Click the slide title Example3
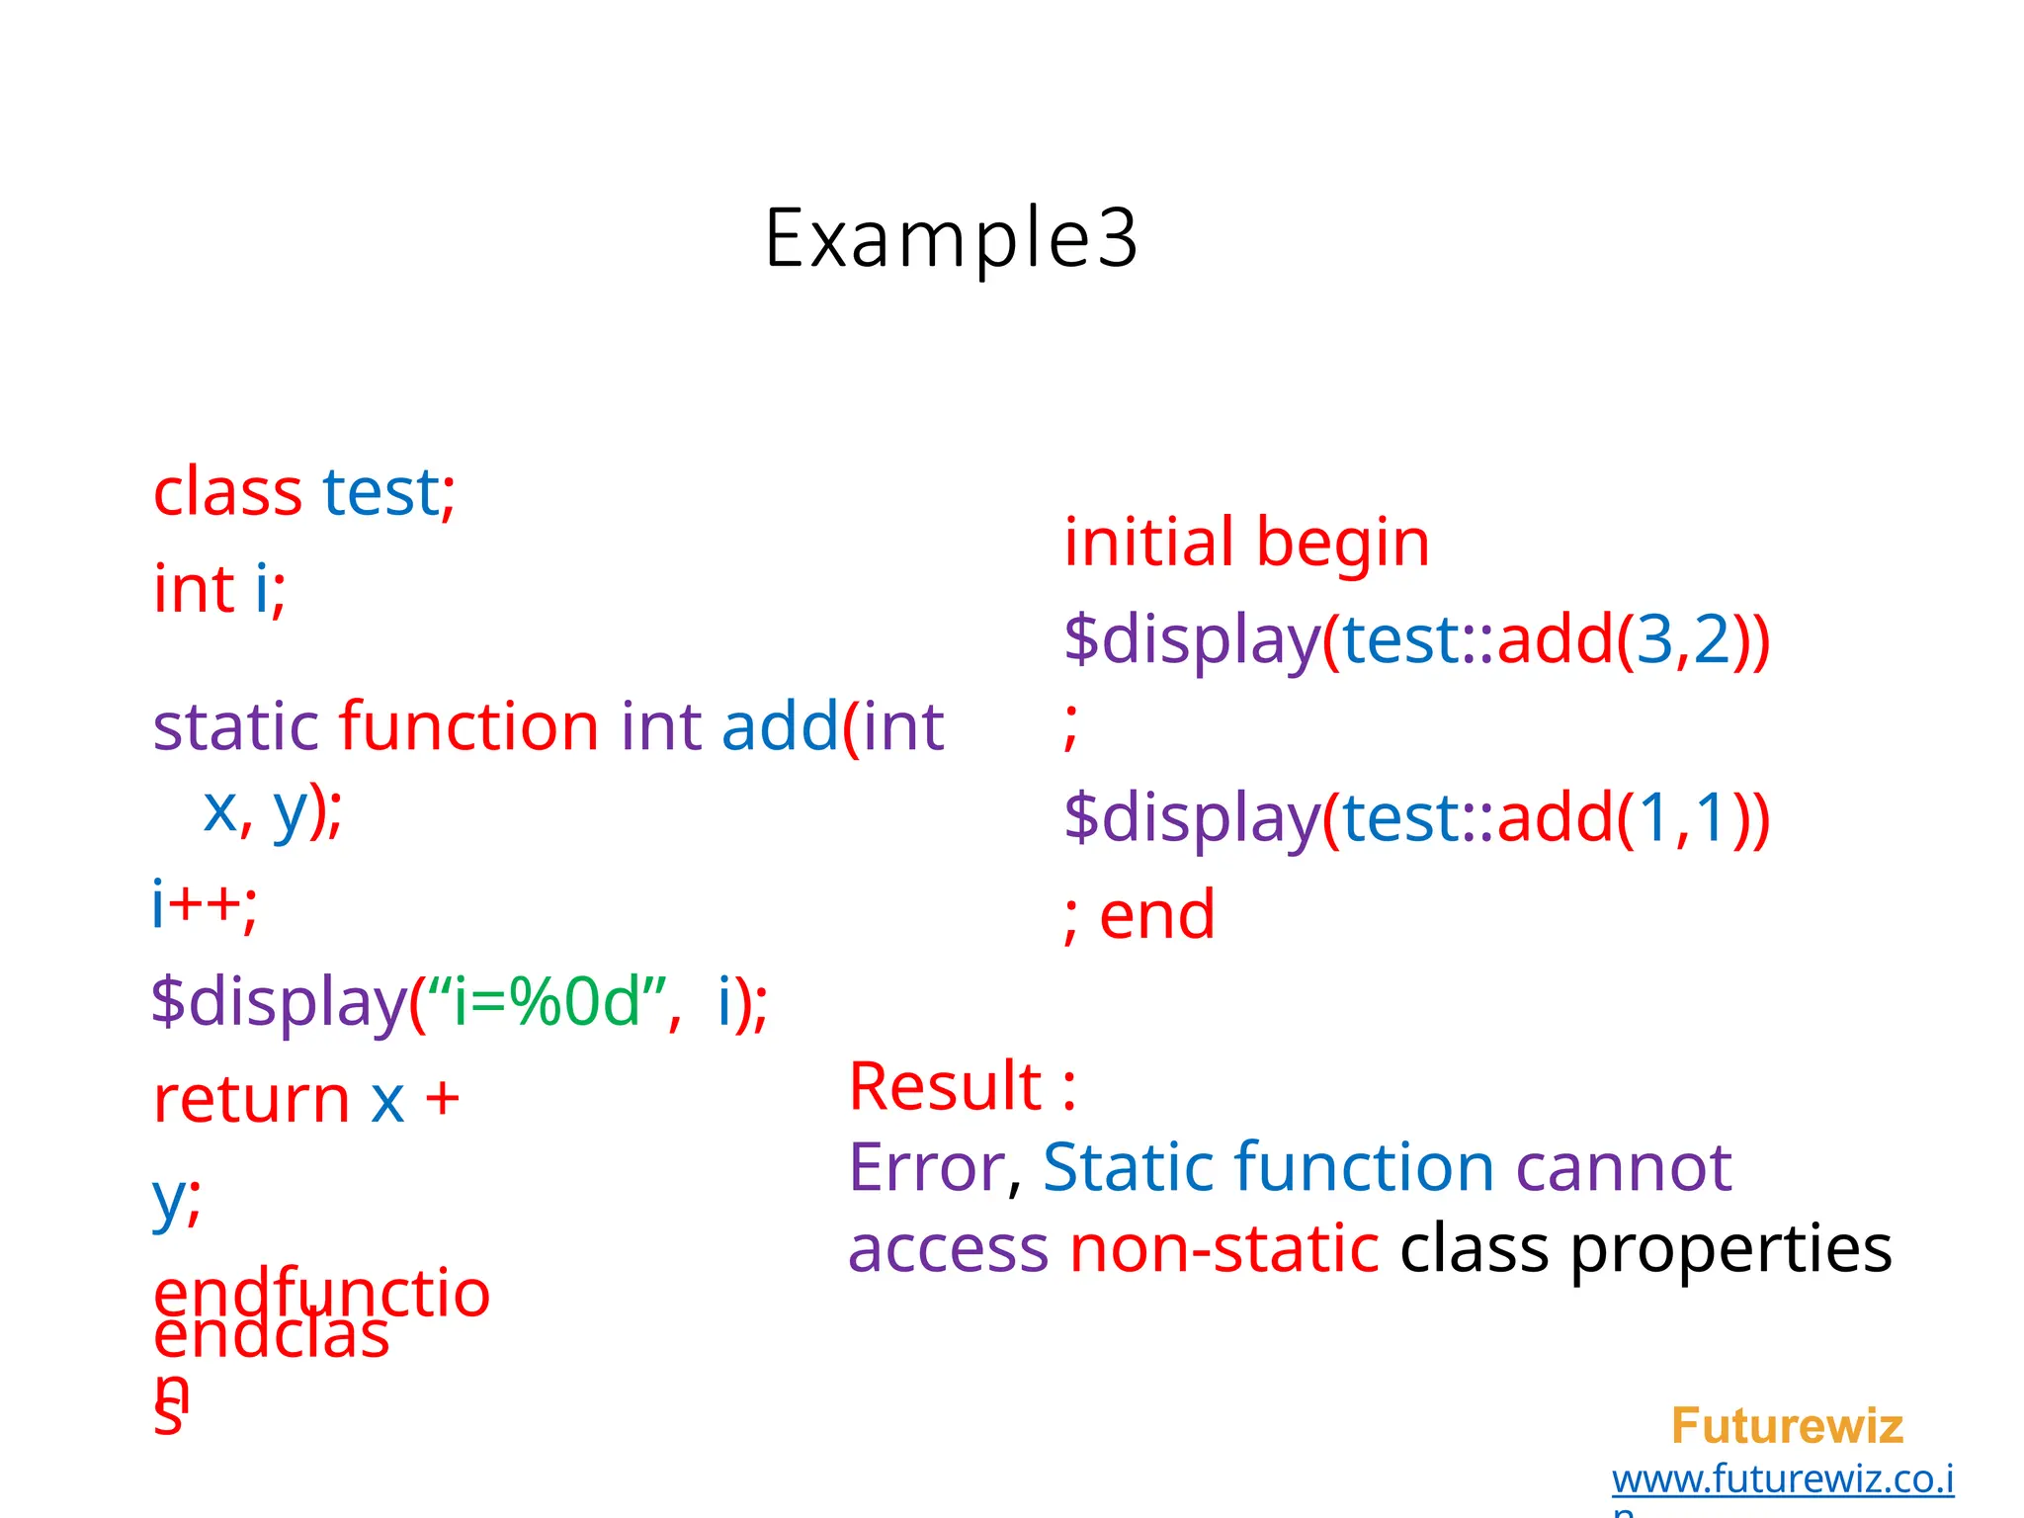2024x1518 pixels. [x=951, y=238]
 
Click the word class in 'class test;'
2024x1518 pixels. [x=227, y=492]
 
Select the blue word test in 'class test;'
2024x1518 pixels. [x=380, y=492]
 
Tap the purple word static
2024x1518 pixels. [x=236, y=727]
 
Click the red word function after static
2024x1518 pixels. [x=468, y=727]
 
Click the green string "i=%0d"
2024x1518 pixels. [x=548, y=1002]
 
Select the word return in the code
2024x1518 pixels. [x=251, y=1099]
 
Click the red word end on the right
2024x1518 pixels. [x=1157, y=915]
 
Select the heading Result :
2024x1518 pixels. [x=962, y=1086]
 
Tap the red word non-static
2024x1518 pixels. [x=1223, y=1248]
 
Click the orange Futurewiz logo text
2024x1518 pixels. [x=1786, y=1426]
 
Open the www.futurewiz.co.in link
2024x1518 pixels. [x=1782, y=1479]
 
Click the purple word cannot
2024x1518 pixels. [x=1623, y=1168]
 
